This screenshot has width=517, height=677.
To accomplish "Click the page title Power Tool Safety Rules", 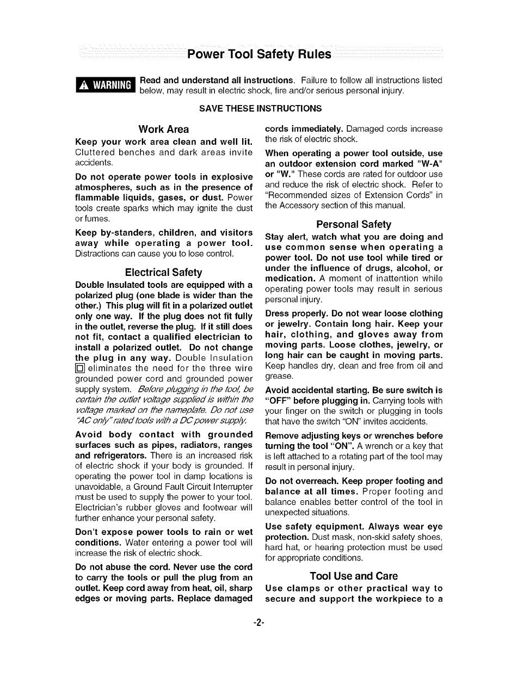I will pyautogui.click(x=258, y=54).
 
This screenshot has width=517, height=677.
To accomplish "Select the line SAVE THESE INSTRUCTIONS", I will pyautogui.click(x=260, y=108).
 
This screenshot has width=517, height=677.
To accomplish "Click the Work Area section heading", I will pyautogui.click(x=164, y=129).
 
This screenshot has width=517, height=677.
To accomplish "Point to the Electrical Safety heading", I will pyautogui.click(x=163, y=272).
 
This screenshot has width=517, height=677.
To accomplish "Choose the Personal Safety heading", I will pyautogui.click(x=354, y=224).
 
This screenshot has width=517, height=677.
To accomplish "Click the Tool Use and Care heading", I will pyautogui.click(x=354, y=576).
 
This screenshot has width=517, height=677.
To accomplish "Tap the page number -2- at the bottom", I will pyautogui.click(x=258, y=623).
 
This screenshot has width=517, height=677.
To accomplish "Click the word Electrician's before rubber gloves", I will pyautogui.click(x=100, y=507).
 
